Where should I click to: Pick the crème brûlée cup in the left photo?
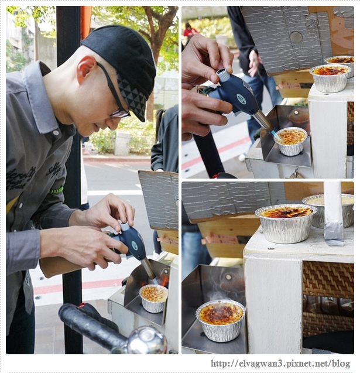click(153, 297)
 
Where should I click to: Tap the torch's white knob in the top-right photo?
click(222, 75)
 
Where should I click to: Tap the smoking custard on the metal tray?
click(221, 319)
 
